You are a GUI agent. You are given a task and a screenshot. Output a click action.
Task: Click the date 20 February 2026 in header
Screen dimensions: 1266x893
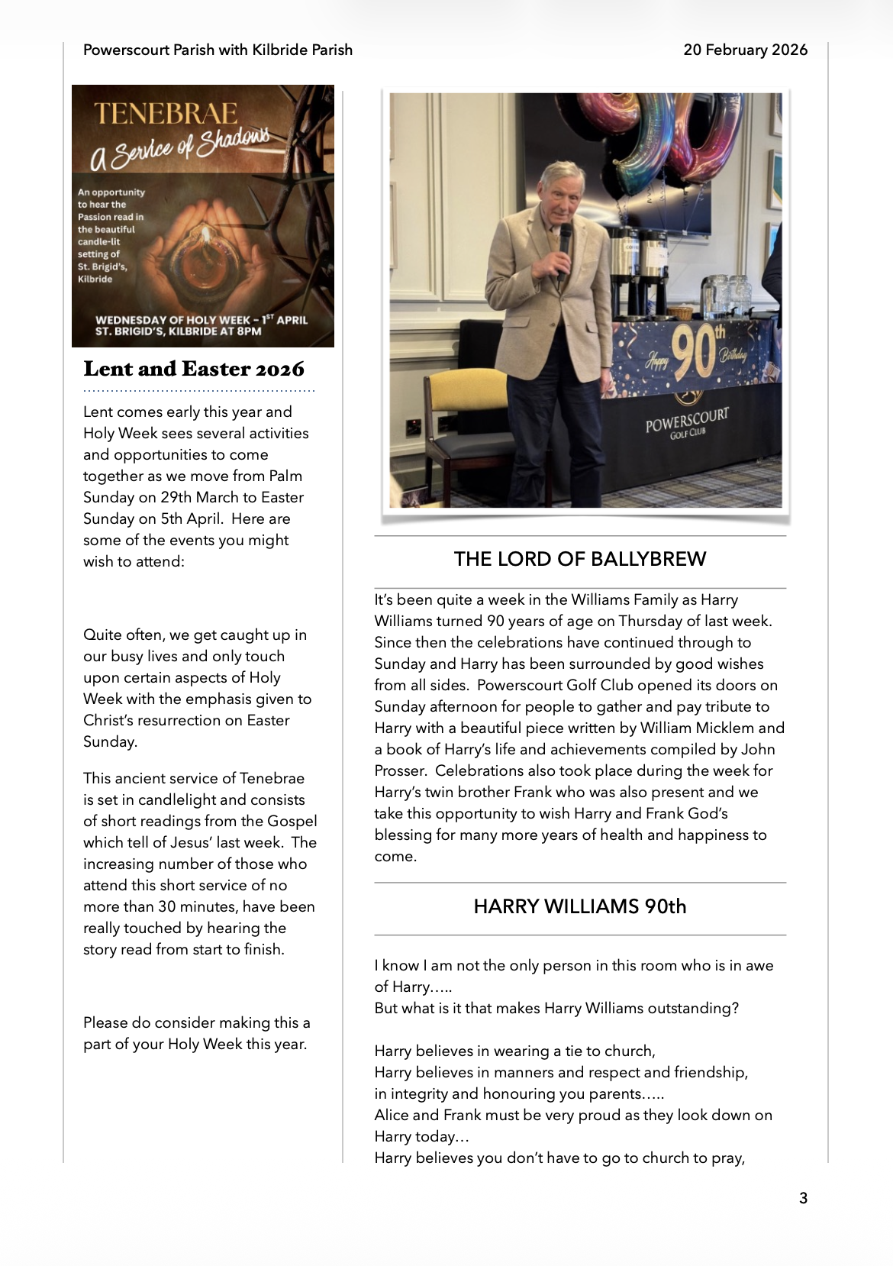pos(745,50)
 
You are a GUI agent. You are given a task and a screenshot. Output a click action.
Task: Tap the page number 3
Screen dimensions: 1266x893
pos(803,1198)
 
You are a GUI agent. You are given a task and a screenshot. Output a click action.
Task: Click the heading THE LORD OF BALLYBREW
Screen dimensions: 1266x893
pos(580,559)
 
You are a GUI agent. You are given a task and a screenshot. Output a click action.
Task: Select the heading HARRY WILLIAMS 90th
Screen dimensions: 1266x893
pos(580,906)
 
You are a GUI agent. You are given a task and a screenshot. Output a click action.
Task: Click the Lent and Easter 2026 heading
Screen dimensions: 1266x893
pos(194,369)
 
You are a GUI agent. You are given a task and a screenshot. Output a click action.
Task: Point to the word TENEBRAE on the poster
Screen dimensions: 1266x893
pos(166,114)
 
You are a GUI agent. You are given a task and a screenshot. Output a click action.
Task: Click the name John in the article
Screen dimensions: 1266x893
pos(759,750)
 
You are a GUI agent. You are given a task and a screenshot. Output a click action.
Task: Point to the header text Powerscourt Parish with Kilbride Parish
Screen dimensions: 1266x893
pos(218,50)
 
